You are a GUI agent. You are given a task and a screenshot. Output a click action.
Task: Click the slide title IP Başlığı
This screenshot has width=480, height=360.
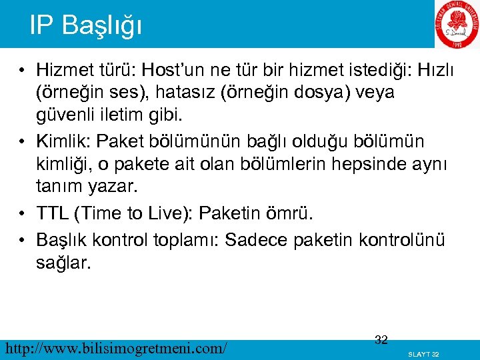[86, 25]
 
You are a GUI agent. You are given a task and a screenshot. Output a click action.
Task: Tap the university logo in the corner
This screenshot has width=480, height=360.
[457, 25]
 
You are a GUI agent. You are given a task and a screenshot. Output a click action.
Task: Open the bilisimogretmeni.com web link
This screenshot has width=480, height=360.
[115, 347]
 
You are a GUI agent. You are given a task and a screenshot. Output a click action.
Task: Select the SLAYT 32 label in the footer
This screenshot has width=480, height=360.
[423, 353]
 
